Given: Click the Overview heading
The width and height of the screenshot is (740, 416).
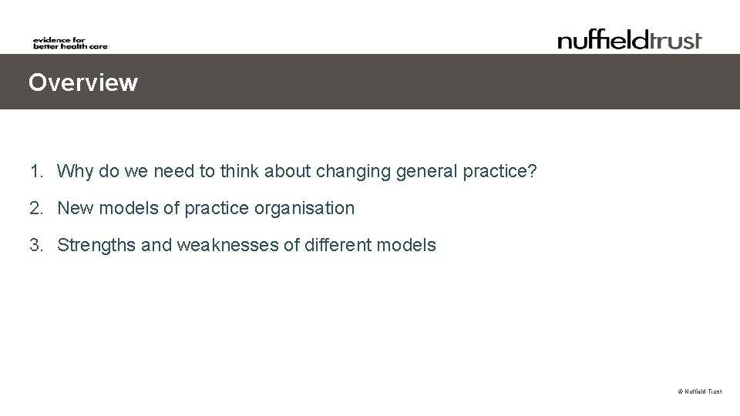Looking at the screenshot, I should (83, 82).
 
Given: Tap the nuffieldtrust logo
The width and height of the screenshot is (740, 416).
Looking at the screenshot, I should (630, 39).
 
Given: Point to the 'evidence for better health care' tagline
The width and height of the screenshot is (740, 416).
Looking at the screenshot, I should (70, 43).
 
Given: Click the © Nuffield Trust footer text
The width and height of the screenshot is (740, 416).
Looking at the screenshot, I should (699, 392).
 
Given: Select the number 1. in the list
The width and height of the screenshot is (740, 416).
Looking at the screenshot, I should (36, 170).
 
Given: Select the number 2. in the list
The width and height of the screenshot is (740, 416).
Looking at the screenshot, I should (36, 208).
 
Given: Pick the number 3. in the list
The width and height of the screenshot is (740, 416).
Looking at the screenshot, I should (36, 246).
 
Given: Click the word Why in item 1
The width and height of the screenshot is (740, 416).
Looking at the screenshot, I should (75, 170).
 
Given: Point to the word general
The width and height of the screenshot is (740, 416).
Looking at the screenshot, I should (424, 171).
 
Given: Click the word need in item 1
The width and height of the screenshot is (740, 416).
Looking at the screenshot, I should (173, 170).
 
